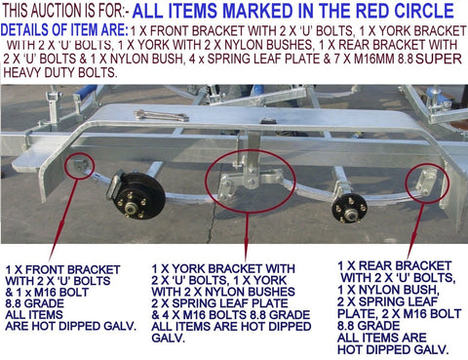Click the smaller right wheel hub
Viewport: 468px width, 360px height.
pyautogui.click(x=350, y=208)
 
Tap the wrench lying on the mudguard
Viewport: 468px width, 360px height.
pyautogui.click(x=162, y=115)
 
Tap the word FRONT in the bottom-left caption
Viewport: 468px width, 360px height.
pyautogui.click(x=43, y=269)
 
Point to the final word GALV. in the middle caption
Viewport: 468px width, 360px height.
pyautogui.click(x=168, y=338)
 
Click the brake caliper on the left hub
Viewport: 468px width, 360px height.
pyautogui.click(x=114, y=186)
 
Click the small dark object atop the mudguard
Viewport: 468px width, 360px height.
pyautogui.click(x=268, y=121)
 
